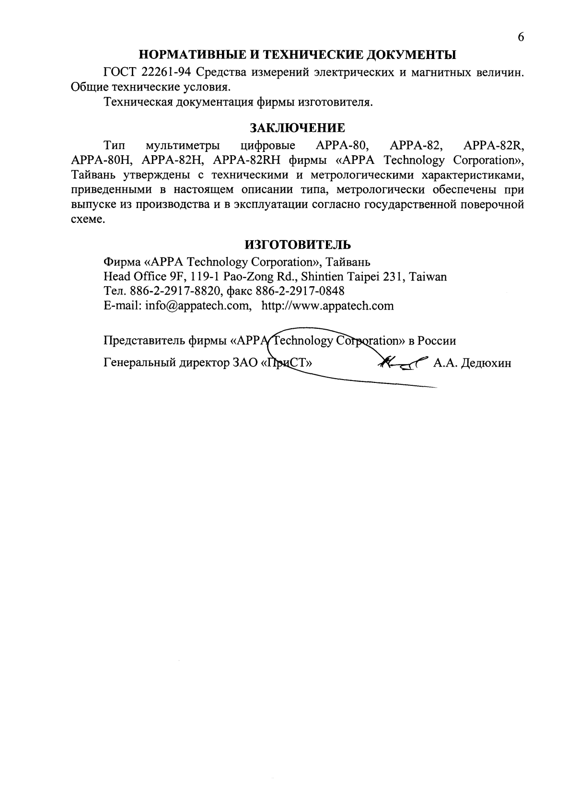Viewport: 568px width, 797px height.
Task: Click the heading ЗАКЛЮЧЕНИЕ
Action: pyautogui.click(x=297, y=128)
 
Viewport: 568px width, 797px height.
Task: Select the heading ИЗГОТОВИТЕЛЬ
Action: pyautogui.click(x=298, y=245)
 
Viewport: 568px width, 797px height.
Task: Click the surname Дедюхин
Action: pyautogui.click(x=486, y=364)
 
